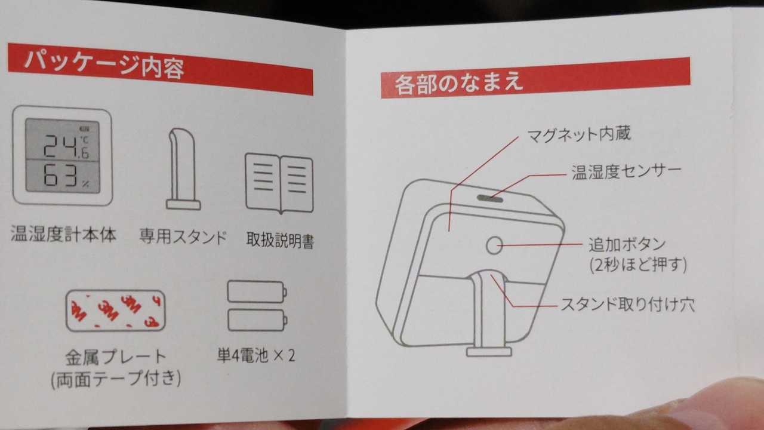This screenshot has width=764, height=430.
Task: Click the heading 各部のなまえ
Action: click(x=459, y=82)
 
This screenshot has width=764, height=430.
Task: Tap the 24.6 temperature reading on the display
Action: click(x=66, y=146)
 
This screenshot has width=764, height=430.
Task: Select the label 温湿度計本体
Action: click(x=63, y=234)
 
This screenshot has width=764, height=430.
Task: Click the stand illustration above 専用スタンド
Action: click(x=183, y=169)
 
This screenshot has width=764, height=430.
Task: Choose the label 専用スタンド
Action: click(x=183, y=236)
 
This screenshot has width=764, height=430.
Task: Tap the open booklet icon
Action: click(x=279, y=183)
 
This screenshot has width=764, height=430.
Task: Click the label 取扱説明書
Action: click(x=280, y=240)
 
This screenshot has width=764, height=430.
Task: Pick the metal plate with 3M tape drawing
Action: click(x=116, y=311)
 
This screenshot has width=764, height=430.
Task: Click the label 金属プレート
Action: click(x=116, y=357)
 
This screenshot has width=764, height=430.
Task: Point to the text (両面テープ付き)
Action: click(x=116, y=379)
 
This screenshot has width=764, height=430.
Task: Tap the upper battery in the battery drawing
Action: click(x=257, y=292)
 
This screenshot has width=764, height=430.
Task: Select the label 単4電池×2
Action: click(x=256, y=355)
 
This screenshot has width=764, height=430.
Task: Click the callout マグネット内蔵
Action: click(x=579, y=134)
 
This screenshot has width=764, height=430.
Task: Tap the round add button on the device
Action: click(x=494, y=245)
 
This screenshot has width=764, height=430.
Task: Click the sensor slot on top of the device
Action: click(x=490, y=198)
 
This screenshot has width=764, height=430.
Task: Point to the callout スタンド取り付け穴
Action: click(x=627, y=304)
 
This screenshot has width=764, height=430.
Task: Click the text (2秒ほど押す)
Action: click(x=638, y=265)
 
